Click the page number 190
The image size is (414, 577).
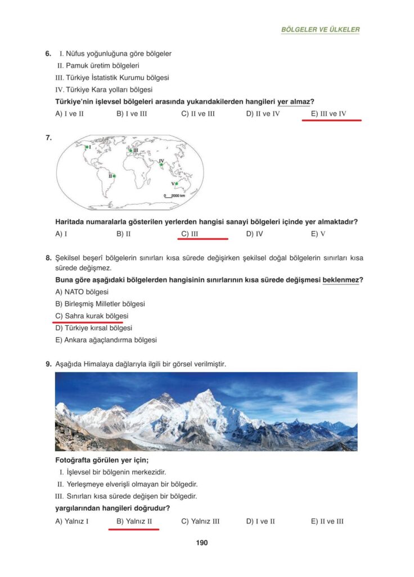click(x=202, y=543)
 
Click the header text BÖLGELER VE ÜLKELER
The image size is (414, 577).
click(x=320, y=29)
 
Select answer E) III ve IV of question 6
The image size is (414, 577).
click(x=328, y=114)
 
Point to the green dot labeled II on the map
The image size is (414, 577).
click(x=114, y=176)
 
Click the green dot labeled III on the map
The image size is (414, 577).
click(x=130, y=150)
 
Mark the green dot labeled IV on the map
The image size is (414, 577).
click(x=161, y=165)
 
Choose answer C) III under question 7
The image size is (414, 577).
click(x=190, y=233)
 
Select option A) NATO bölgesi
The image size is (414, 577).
click(x=82, y=292)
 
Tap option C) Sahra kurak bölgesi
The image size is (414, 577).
click(x=92, y=316)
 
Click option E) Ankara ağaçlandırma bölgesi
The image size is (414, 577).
click(x=106, y=340)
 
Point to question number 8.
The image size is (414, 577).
click(x=48, y=258)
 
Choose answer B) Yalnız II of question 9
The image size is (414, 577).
click(x=134, y=521)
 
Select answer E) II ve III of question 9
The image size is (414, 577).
click(x=327, y=521)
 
